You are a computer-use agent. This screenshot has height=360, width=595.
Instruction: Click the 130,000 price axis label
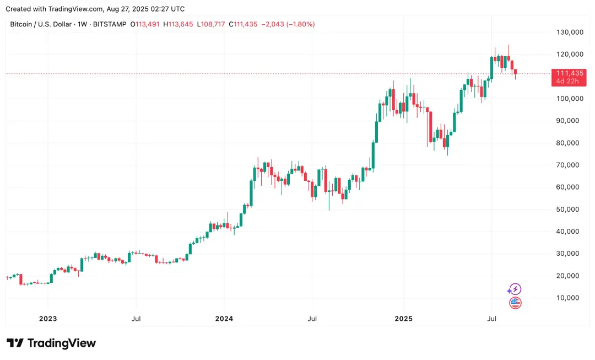[x=570, y=32]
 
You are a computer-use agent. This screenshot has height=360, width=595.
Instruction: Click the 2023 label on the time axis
[x=48, y=319]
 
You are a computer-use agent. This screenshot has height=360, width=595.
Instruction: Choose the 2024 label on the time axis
[x=224, y=319]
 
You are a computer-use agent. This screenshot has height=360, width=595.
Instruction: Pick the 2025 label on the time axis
[x=403, y=319]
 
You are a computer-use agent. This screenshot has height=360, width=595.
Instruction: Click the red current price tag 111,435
[x=570, y=73]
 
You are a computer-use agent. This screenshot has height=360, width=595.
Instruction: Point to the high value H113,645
[x=178, y=24]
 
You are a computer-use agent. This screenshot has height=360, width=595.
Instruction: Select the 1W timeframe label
[x=81, y=24]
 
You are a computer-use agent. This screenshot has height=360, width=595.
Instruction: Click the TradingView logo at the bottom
[x=51, y=343]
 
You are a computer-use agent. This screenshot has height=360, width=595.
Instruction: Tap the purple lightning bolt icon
[x=514, y=289]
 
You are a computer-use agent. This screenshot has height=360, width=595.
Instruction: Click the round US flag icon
[x=515, y=303]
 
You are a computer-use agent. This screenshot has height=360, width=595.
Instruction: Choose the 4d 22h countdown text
[x=567, y=82]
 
